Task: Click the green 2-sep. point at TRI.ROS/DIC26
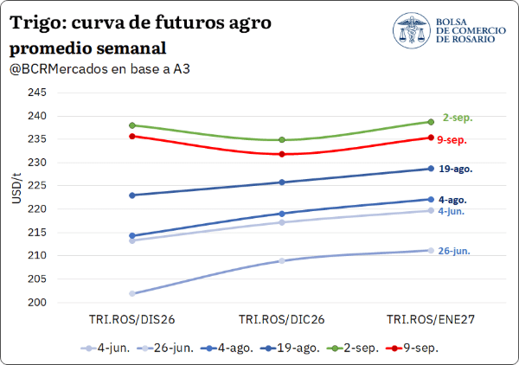(x=282, y=140)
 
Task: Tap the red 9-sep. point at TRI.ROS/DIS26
(x=132, y=136)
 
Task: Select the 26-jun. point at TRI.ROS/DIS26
(x=132, y=293)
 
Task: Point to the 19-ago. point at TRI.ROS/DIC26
(x=282, y=182)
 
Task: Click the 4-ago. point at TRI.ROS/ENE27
(x=431, y=199)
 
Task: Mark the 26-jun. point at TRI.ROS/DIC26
(x=282, y=260)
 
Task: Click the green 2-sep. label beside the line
(x=458, y=118)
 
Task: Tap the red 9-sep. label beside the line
(x=452, y=140)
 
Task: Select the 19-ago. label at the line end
(x=456, y=169)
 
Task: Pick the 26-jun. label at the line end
(x=454, y=251)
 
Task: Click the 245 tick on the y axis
(x=37, y=93)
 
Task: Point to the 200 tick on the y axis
(x=37, y=302)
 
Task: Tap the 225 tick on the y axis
(x=37, y=186)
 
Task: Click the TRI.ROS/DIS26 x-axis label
(x=131, y=320)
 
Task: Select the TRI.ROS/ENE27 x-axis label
(x=431, y=320)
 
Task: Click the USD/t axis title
(x=16, y=188)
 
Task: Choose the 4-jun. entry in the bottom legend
(x=106, y=348)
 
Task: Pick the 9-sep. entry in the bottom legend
(x=413, y=348)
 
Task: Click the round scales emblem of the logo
(x=412, y=30)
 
